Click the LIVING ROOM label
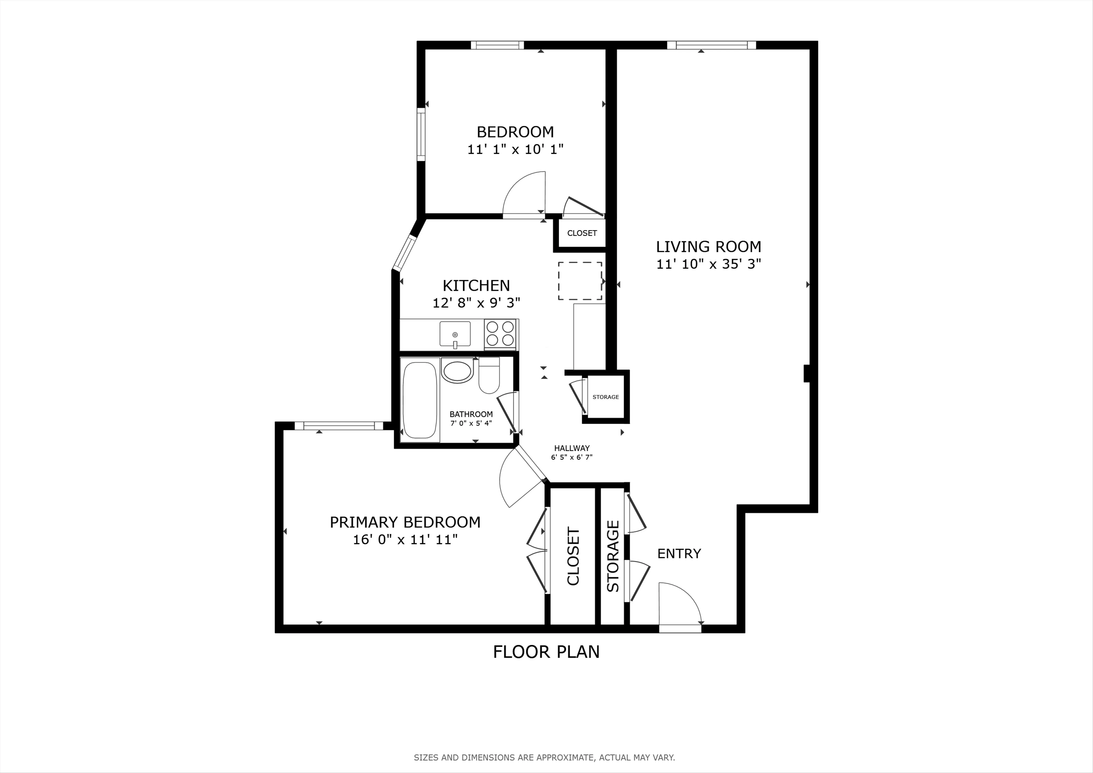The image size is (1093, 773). pyautogui.click(x=708, y=246)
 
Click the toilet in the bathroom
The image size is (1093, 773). pyautogui.click(x=489, y=376)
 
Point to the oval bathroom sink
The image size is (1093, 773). pyautogui.click(x=457, y=371)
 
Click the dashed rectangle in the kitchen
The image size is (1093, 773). pyautogui.click(x=580, y=281)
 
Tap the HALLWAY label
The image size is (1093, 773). pyautogui.click(x=572, y=448)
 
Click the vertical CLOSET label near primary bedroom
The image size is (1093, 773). pyautogui.click(x=573, y=556)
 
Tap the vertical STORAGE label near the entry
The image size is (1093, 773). pyautogui.click(x=613, y=556)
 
